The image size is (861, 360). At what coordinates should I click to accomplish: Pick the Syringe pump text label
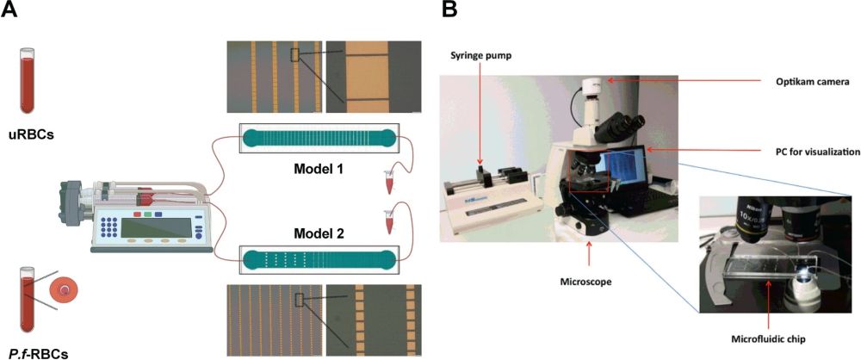point(480,54)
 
